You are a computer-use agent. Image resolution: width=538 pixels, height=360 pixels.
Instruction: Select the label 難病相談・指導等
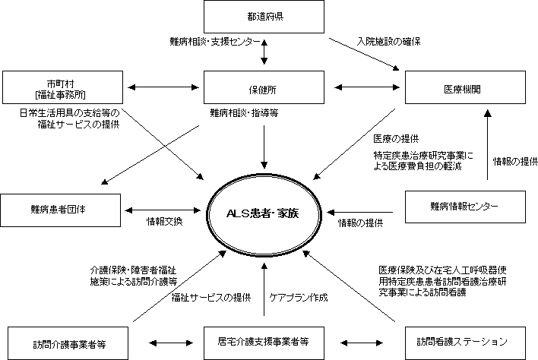(244, 112)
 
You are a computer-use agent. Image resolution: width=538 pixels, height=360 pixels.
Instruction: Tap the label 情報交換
(164, 223)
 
